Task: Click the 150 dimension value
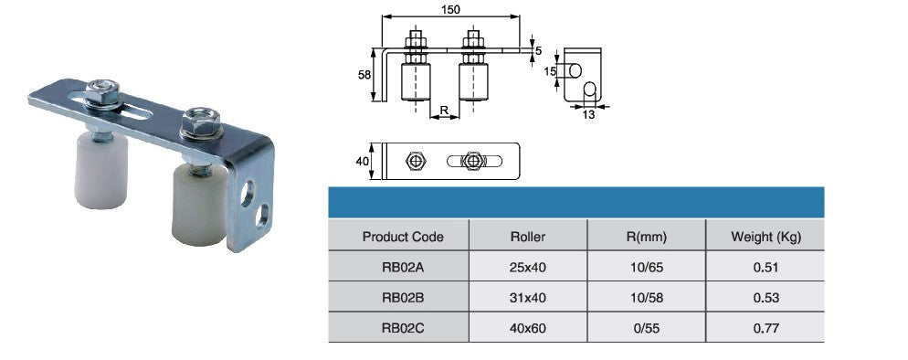click(x=450, y=10)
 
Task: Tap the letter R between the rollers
click(x=444, y=110)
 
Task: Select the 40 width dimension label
click(x=363, y=162)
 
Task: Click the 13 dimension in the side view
click(x=587, y=114)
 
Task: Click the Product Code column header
click(x=403, y=237)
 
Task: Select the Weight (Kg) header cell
click(x=766, y=237)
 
